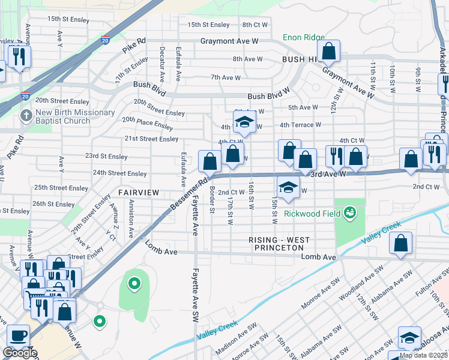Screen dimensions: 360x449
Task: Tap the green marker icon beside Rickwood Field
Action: [349, 212]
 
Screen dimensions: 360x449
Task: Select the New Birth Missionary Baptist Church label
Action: [76, 116]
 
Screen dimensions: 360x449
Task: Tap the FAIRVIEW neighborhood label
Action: [138, 193]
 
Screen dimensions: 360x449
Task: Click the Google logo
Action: [20, 353]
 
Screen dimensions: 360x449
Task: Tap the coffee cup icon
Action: [18, 335]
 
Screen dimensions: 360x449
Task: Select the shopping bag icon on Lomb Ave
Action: [400, 244]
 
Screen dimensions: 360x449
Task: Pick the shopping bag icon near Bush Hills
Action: [328, 52]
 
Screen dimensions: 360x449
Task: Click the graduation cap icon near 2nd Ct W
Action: [288, 187]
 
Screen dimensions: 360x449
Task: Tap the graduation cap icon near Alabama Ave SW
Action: [410, 338]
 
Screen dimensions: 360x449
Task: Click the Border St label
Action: [212, 202]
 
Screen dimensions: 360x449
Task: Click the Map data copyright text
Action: [423, 355]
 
